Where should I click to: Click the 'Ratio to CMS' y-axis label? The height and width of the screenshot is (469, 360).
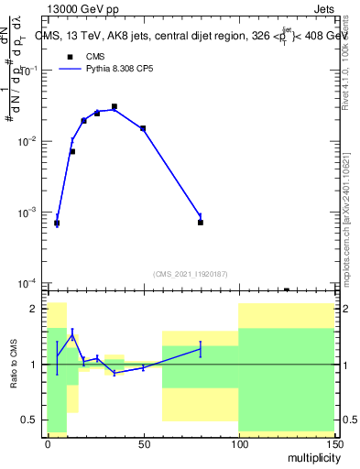pyautogui.click(x=14, y=364)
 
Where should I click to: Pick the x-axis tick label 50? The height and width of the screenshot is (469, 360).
pyautogui.click(x=143, y=442)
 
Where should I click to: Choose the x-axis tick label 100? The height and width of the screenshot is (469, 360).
pyautogui.click(x=238, y=442)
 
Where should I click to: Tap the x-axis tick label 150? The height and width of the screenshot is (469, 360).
pyautogui.click(x=333, y=442)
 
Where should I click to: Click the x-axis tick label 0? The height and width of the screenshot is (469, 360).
pyautogui.click(x=48, y=442)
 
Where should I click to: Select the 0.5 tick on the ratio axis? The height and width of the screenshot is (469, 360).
pyautogui.click(x=30, y=420)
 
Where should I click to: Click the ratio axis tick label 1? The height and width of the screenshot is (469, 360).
pyautogui.click(x=35, y=365)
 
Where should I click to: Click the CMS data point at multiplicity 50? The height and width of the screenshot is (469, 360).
pyautogui.click(x=143, y=128)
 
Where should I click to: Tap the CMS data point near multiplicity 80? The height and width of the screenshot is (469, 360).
pyautogui.click(x=200, y=223)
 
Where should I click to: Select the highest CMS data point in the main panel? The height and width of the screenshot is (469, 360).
pyautogui.click(x=115, y=107)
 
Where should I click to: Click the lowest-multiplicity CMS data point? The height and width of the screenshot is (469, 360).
pyautogui.click(x=57, y=223)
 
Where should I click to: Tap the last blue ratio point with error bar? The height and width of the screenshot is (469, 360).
pyautogui.click(x=200, y=348)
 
